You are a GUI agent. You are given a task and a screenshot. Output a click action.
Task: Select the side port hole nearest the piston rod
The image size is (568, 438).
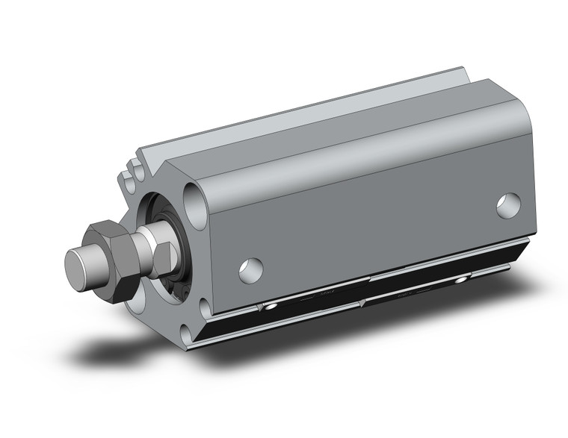pos(251,269)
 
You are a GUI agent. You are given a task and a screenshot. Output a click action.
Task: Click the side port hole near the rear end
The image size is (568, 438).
pos(508,204)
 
